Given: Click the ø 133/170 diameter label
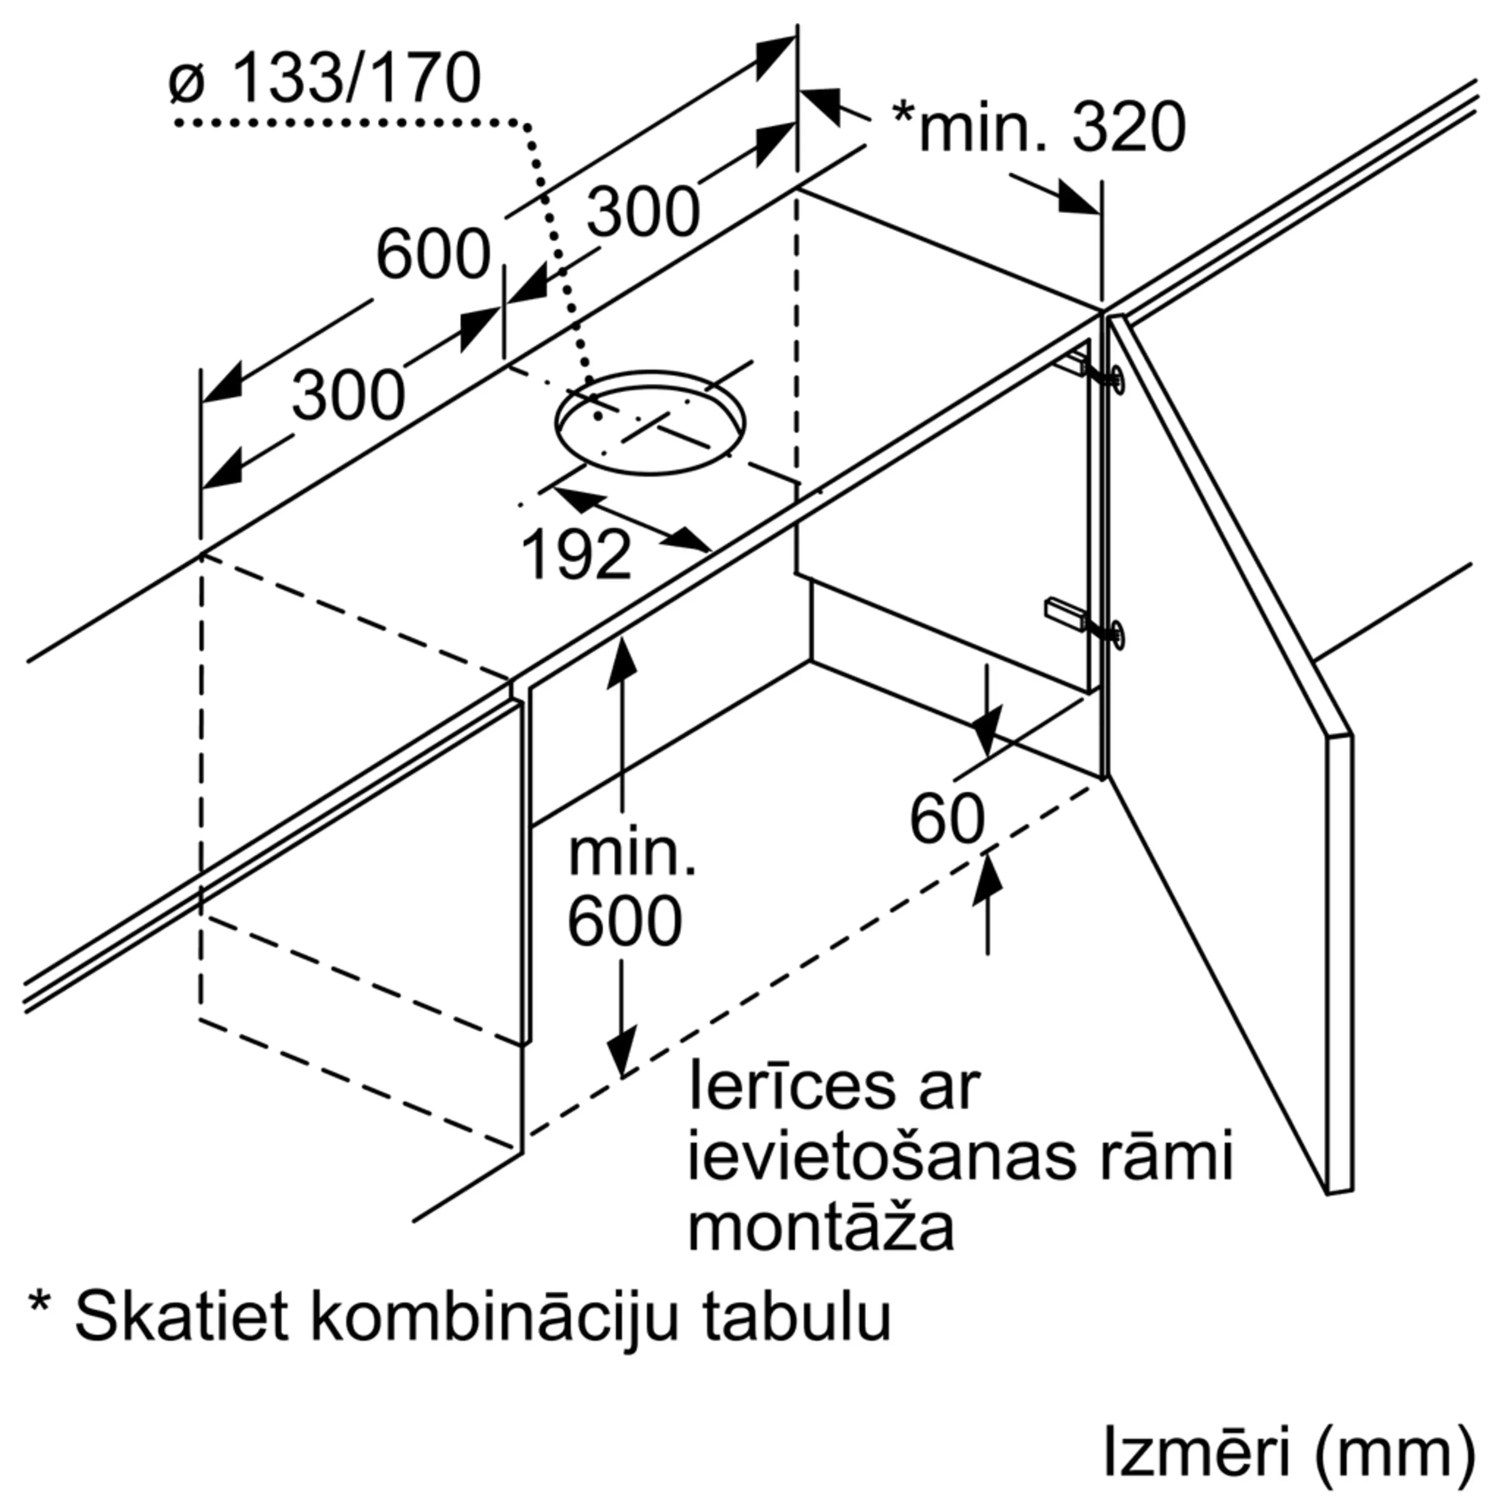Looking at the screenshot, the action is (x=324, y=79).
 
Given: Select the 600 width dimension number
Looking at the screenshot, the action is (x=433, y=254).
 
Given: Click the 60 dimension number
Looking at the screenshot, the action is (x=947, y=820).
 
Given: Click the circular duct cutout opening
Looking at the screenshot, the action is (x=649, y=424).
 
